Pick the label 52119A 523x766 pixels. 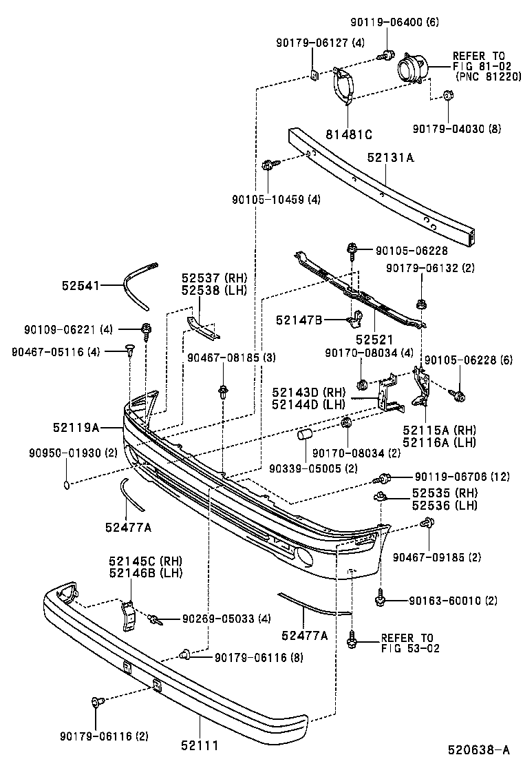(x=76, y=428)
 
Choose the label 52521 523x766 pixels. (x=374, y=340)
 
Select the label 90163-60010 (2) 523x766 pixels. (x=453, y=601)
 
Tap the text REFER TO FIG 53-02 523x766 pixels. (x=407, y=643)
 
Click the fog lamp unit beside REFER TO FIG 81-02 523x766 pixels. (x=413, y=70)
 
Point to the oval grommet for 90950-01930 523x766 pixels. (x=66, y=484)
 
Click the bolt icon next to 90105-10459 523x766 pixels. (x=268, y=165)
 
